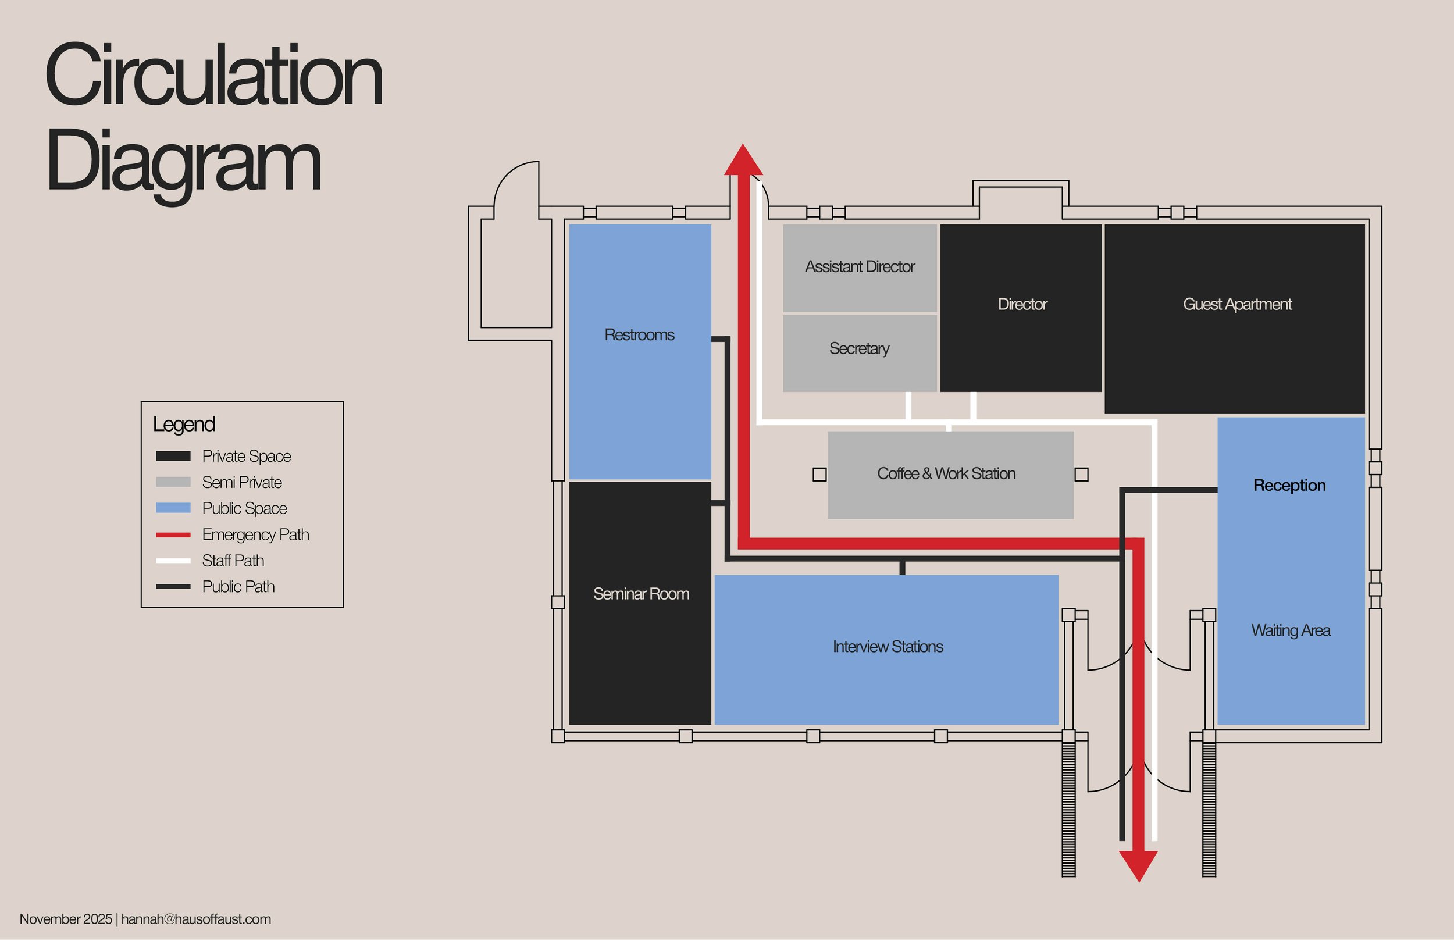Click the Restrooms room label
coord(639,335)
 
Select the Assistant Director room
coord(860,267)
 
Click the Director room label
coord(1022,304)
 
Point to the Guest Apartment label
coord(1237,304)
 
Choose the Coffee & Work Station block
coord(950,474)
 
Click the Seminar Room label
coord(641,594)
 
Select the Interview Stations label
coord(888,647)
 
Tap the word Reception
coord(1289,485)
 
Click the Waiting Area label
coord(1290,630)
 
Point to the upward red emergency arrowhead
coord(743,161)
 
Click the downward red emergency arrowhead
coord(1138,865)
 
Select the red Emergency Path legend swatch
coord(173,534)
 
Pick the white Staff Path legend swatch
coord(173,560)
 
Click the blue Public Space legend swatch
coord(173,508)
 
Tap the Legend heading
coord(184,424)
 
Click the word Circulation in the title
coord(214,76)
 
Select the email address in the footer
coord(196,919)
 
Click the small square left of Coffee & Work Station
coord(820,475)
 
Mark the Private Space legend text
coord(246,457)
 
